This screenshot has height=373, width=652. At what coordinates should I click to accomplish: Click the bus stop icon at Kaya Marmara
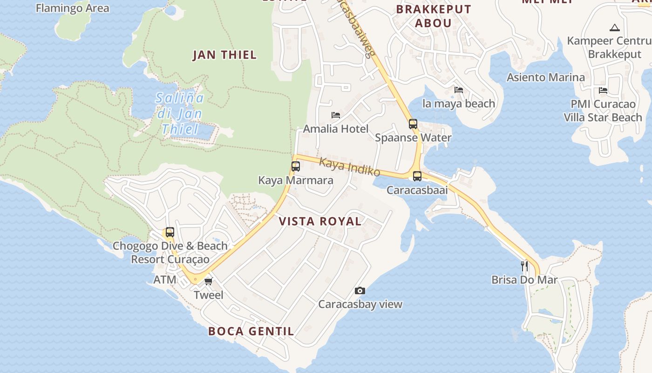(295, 166)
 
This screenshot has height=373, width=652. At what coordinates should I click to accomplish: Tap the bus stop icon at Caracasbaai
(417, 176)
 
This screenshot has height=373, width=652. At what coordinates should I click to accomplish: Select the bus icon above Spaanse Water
(413, 124)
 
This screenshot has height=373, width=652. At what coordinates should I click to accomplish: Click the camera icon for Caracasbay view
(360, 290)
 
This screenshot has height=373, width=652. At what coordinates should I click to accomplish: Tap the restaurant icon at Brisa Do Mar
(524, 266)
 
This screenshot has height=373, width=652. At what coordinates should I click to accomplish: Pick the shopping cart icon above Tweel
(208, 281)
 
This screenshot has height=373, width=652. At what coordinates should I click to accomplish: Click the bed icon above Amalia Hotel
(336, 115)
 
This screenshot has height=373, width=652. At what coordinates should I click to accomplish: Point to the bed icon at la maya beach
(459, 90)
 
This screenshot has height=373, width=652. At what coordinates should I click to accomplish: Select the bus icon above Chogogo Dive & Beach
(170, 232)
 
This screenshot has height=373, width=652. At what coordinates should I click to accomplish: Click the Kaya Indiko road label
(350, 166)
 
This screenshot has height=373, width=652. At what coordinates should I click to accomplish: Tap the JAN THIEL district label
(225, 55)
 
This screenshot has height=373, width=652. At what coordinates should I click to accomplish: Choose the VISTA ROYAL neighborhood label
(320, 221)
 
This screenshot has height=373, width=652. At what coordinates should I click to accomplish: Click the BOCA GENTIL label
(251, 331)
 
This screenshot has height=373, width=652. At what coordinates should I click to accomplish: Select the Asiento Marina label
(545, 77)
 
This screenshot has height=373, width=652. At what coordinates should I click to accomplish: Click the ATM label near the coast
(165, 280)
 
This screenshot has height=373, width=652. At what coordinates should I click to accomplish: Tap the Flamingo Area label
(72, 8)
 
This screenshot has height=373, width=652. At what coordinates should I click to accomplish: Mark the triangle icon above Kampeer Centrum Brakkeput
(614, 28)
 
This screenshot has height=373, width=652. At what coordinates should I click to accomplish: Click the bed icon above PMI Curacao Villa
(603, 90)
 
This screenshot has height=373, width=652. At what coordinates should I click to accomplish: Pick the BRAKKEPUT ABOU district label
(434, 16)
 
